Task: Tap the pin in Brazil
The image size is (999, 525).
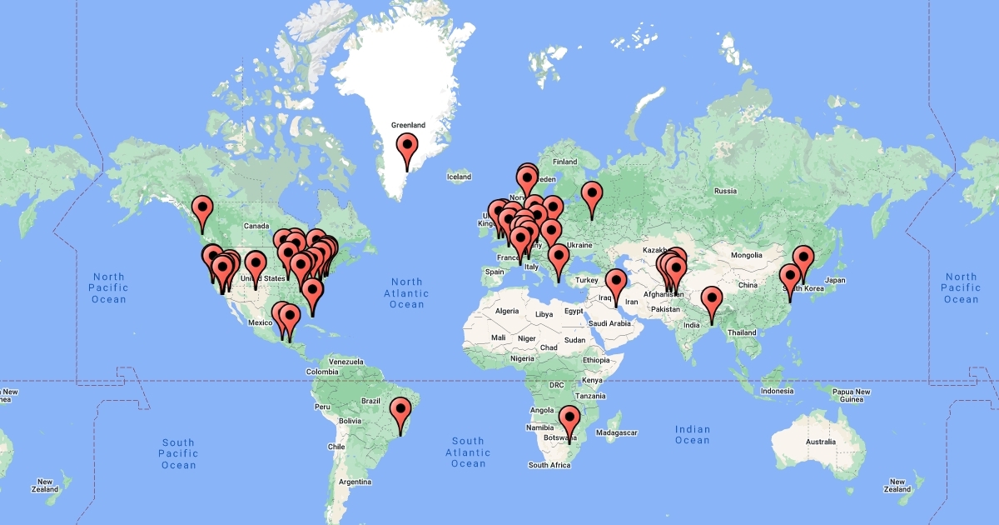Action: pyautogui.click(x=401, y=410)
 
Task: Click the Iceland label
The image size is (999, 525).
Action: pyautogui.click(x=459, y=177)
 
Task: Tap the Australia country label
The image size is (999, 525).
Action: pyautogui.click(x=820, y=441)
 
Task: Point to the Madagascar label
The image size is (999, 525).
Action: pyautogui.click(x=617, y=432)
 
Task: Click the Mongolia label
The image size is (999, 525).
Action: pyautogui.click(x=747, y=254)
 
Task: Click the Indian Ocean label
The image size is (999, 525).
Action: pyautogui.click(x=693, y=435)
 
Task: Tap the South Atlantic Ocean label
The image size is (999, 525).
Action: pyautogui.click(x=469, y=452)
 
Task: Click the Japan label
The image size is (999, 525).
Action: pyautogui.click(x=835, y=280)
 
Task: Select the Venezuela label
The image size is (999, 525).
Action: pyautogui.click(x=345, y=362)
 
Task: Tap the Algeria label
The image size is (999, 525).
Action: pyautogui.click(x=507, y=311)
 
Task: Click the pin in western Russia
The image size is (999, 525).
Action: pyautogui.click(x=592, y=193)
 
